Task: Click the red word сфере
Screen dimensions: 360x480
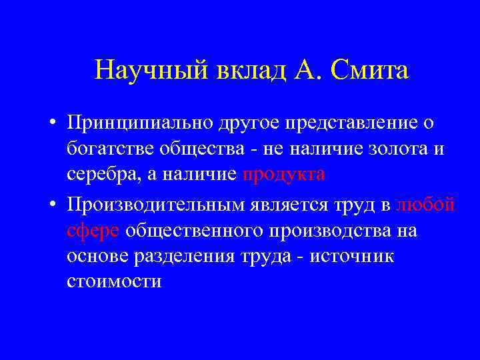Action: pyautogui.click(x=93, y=231)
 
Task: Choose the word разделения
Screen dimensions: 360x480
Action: pyautogui.click(x=189, y=256)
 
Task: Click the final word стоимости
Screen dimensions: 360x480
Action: pyautogui.click(x=114, y=281)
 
